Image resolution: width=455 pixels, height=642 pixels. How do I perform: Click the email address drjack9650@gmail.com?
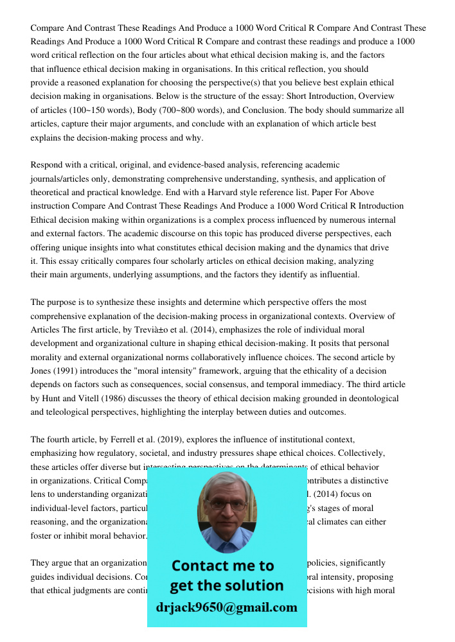click(x=226, y=607)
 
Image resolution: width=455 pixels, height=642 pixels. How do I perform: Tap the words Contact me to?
click(x=222, y=566)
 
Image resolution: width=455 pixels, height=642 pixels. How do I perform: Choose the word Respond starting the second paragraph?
click(x=48, y=165)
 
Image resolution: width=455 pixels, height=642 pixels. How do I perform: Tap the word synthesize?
click(x=106, y=302)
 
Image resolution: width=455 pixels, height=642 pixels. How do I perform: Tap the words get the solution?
click(x=226, y=586)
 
